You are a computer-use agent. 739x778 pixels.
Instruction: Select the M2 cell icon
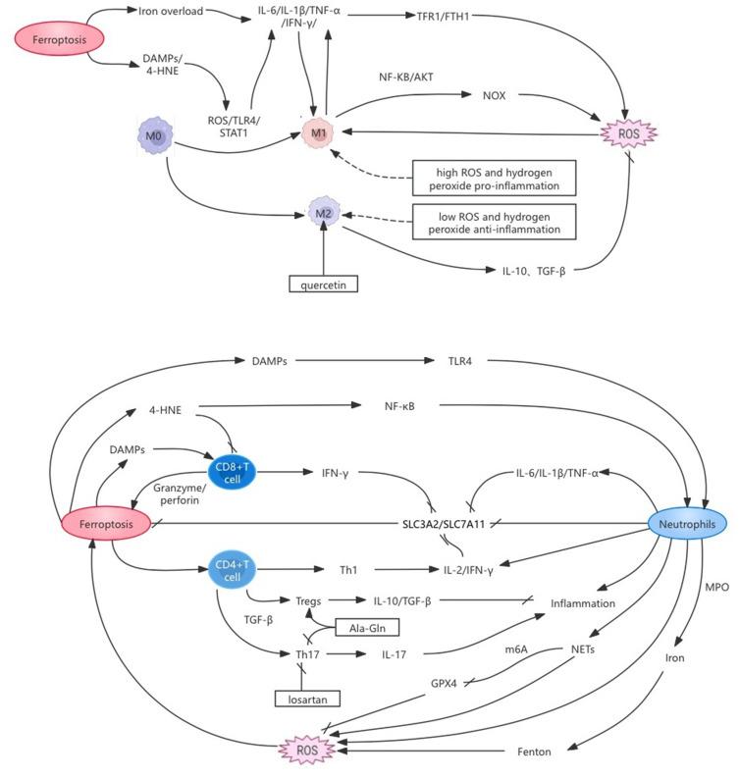[x=325, y=213]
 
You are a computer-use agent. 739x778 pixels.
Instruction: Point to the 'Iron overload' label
[x=172, y=11]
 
